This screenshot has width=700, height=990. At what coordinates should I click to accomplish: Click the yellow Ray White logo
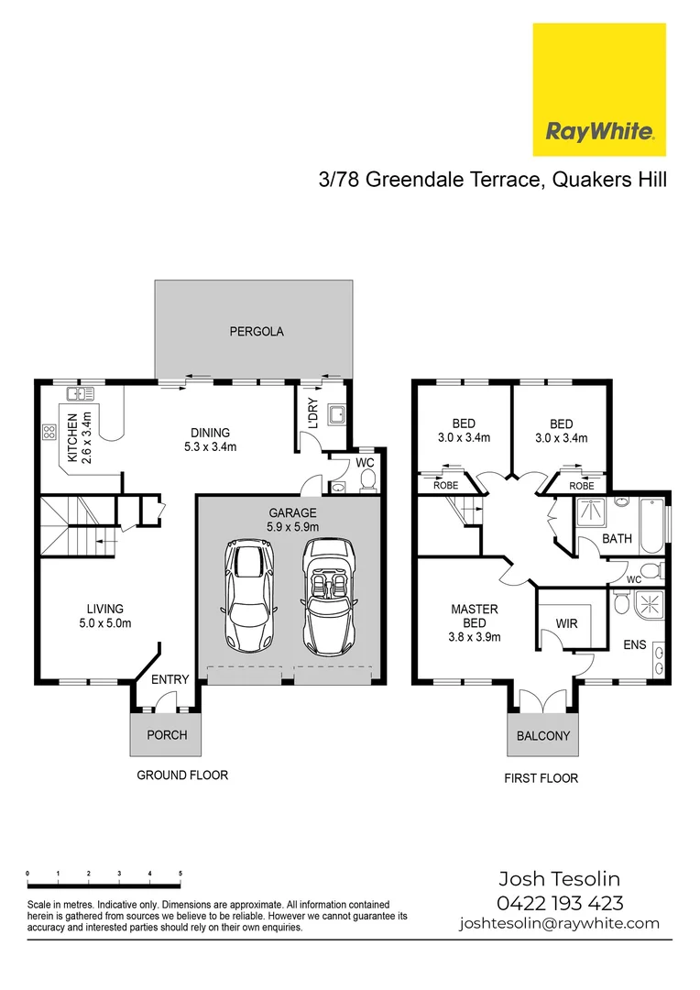599,89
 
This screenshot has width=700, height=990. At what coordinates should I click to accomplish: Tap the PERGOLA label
257,332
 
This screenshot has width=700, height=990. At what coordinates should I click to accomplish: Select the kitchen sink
80,395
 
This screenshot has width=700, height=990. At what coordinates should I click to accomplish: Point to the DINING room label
210,434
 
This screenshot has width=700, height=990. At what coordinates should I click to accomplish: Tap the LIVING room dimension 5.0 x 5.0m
105,623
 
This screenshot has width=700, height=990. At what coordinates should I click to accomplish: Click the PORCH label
166,735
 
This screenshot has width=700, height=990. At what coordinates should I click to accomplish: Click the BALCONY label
542,735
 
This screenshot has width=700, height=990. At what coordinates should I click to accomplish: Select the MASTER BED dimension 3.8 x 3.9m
475,637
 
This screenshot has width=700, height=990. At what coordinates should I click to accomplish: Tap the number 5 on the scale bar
180,874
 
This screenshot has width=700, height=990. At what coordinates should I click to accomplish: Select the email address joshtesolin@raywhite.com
559,923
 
